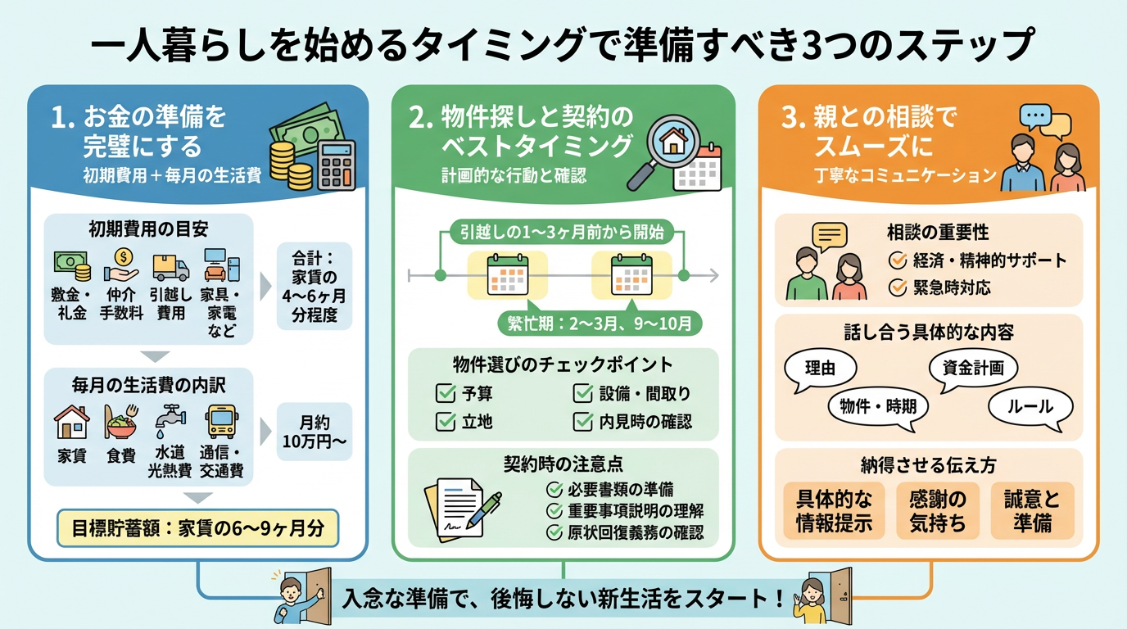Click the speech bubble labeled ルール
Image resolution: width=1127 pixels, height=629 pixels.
(x=1031, y=406)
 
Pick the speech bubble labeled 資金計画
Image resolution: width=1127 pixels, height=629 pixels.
(x=973, y=369)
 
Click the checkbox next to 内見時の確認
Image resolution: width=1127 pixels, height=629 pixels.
(x=584, y=422)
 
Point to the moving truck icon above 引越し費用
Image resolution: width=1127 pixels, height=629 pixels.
(x=170, y=267)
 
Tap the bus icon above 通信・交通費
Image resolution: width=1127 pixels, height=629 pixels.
(x=220, y=421)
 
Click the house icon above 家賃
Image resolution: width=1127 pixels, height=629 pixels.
(x=71, y=422)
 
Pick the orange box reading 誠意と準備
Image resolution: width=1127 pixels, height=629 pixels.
(x=1032, y=510)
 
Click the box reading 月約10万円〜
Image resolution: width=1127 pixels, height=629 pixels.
(x=315, y=432)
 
